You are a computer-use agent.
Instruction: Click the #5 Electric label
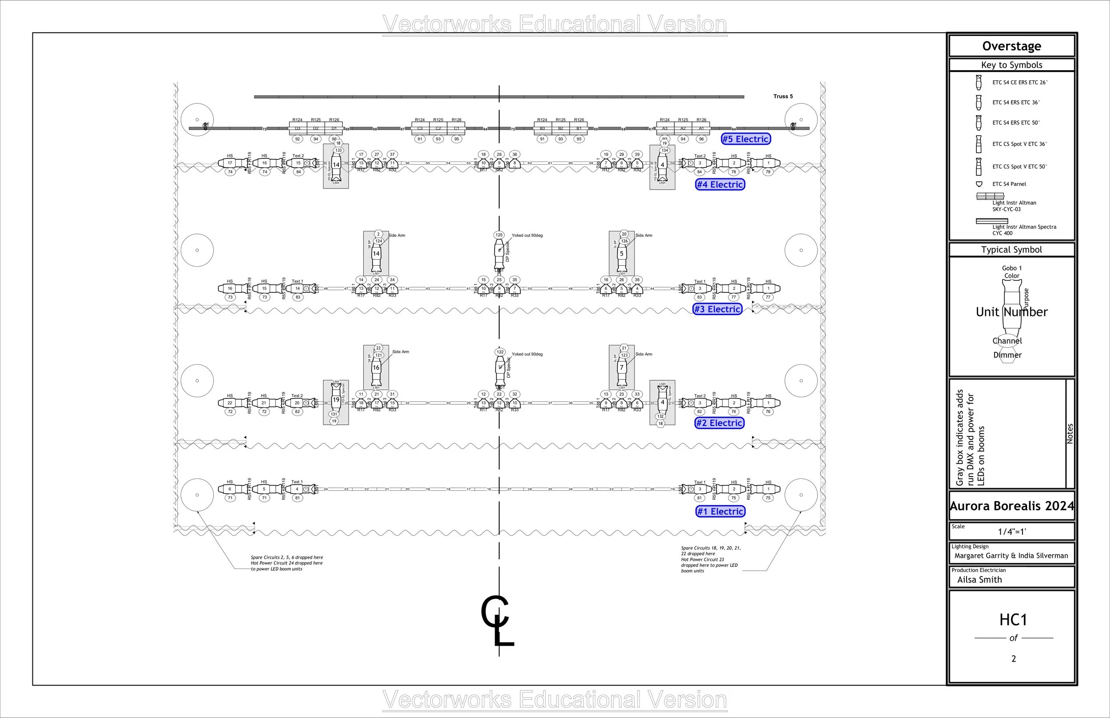coord(746,139)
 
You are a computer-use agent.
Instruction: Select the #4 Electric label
coord(720,185)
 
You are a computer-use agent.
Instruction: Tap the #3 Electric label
coord(718,309)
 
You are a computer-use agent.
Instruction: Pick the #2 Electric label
coord(720,423)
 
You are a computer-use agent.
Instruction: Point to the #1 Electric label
coord(721,512)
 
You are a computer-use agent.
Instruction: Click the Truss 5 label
coord(783,96)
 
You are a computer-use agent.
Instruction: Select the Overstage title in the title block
coord(1011,46)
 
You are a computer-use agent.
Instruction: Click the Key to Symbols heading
coord(1011,65)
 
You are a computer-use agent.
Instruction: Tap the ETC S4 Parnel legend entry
coord(1009,184)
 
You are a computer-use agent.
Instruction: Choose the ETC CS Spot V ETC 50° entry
coord(1019,166)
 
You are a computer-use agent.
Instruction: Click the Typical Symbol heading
coord(1011,249)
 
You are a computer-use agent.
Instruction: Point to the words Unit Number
coord(1011,312)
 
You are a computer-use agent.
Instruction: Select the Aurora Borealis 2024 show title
coord(1011,506)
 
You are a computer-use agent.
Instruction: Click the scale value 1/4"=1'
coord(1011,532)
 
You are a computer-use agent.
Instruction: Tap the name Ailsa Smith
coord(979,580)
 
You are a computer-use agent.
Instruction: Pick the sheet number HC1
coord(1013,620)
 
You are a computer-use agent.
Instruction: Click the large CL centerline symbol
coord(497,620)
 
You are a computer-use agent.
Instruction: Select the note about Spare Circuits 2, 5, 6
coord(286,563)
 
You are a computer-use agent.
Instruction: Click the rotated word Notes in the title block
coord(1070,434)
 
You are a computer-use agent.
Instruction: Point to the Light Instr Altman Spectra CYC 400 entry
coord(1024,230)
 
